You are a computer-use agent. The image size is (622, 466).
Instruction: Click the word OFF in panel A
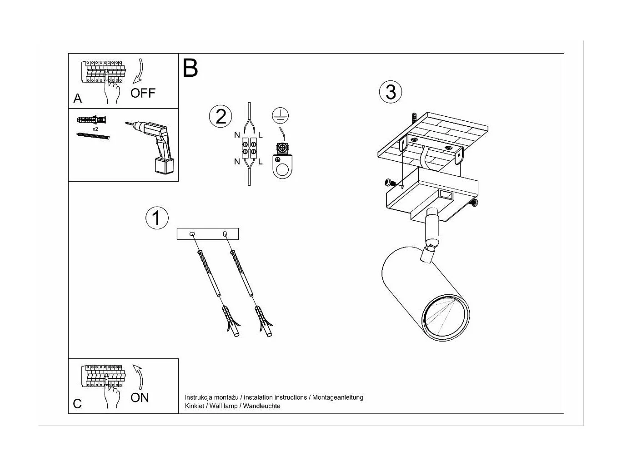point(143,93)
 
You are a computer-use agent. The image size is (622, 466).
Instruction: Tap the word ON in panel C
point(140,397)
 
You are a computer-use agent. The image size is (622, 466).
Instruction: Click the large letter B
point(190,68)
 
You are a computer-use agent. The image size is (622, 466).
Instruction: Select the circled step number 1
point(156,218)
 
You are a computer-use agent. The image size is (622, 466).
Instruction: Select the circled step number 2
point(221,117)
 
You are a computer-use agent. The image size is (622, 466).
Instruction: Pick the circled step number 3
point(391,92)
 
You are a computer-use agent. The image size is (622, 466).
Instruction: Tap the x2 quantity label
point(95,129)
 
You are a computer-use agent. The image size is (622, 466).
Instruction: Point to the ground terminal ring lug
point(282,166)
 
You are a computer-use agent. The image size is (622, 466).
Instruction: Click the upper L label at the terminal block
point(261,135)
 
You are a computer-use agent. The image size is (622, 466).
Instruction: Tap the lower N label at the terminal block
point(237,162)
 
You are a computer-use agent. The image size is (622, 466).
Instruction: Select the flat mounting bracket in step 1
point(208,234)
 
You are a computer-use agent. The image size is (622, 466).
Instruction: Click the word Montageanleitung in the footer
point(337,397)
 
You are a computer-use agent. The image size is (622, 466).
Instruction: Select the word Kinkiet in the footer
point(194,406)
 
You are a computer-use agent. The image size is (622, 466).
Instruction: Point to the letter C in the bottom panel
point(77,404)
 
